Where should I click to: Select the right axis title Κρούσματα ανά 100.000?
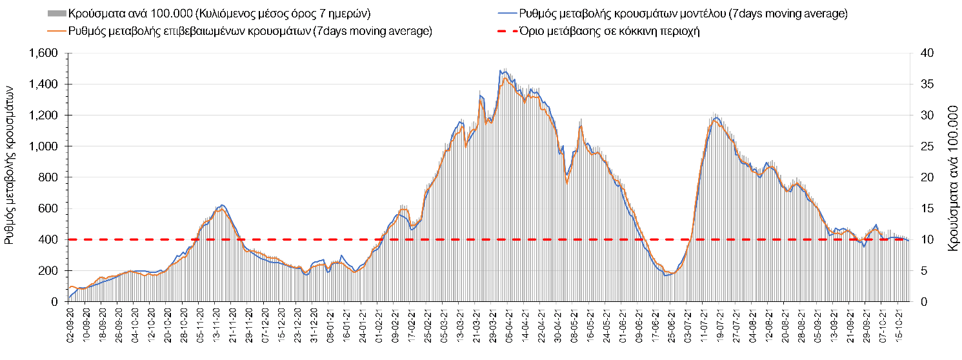tap(952, 177)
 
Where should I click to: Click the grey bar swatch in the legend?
tap(56, 14)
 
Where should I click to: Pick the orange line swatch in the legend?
tap(56, 31)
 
